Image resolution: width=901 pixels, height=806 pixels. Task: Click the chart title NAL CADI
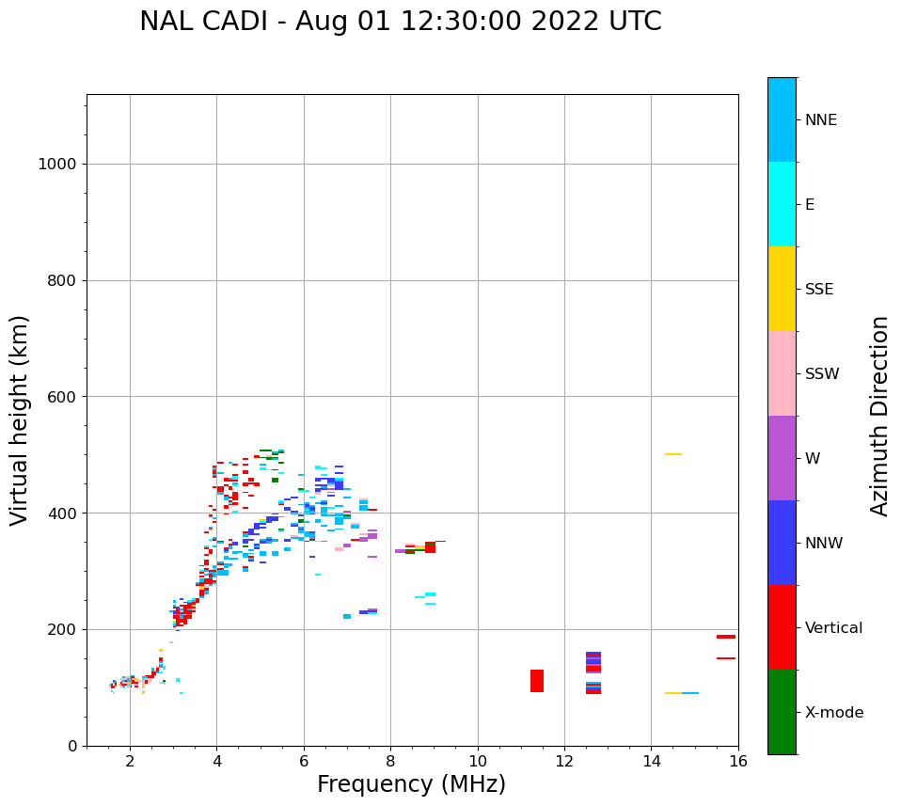400,22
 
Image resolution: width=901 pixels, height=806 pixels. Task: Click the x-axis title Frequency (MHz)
411,784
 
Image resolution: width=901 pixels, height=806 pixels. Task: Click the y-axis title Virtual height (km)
20,420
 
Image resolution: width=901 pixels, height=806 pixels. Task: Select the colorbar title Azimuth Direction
879,416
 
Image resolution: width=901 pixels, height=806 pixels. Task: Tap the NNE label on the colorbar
820,120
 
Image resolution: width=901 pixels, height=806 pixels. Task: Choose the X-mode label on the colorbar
834,713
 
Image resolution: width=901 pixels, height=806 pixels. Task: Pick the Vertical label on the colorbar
833,628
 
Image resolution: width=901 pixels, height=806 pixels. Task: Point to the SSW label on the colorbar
822,374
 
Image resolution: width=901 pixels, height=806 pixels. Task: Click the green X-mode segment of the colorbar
782,712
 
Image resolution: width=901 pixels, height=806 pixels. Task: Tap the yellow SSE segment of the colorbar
782,289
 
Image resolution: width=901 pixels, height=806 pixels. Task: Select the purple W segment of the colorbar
782,458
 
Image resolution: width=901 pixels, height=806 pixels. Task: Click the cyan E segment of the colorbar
782,204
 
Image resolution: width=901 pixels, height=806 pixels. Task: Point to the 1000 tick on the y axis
57,165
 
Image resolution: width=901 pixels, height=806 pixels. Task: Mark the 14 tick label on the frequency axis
651,761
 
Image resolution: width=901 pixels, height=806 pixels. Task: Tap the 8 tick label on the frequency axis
390,761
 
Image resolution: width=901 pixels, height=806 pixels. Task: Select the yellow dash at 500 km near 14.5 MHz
673,454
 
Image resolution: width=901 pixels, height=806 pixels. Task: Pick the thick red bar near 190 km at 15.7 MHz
726,637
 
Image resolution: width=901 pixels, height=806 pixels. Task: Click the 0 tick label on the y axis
71,746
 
